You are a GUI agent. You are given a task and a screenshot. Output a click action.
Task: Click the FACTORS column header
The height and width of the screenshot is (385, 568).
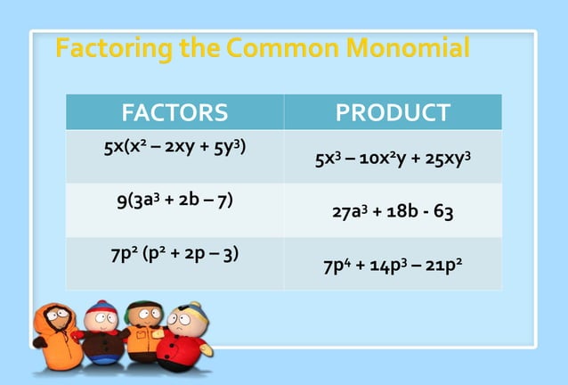click(x=174, y=113)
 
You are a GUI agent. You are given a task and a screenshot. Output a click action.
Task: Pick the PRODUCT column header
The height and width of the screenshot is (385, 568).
click(x=393, y=113)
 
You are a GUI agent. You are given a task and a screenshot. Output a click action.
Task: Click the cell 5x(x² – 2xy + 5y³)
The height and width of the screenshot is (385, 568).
click(x=174, y=146)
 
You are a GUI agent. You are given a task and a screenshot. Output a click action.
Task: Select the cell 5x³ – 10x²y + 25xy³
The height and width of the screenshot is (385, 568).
click(x=393, y=160)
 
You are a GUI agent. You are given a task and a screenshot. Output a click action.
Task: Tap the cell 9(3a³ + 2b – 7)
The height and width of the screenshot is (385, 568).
click(x=174, y=200)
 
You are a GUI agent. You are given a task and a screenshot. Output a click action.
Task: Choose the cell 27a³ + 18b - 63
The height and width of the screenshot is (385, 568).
click(x=393, y=214)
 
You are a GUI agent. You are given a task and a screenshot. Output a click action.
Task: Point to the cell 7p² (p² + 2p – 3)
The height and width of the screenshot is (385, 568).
click(x=174, y=253)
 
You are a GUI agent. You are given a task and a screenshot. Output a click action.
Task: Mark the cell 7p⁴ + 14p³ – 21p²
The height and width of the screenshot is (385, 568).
click(x=393, y=267)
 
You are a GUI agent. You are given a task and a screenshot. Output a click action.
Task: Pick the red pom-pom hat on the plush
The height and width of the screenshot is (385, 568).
click(x=96, y=309)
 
